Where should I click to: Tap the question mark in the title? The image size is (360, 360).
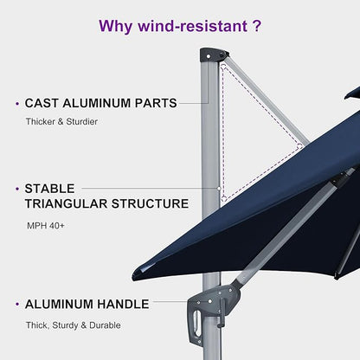coord(257,25)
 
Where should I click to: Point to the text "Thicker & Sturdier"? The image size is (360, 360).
coord(61,122)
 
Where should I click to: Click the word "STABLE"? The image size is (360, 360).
coord(50,188)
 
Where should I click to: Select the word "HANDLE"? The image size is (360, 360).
coord(124,305)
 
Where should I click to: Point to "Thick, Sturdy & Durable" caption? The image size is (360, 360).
coord(74,325)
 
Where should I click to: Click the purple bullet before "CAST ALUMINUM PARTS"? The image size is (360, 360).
coord(16,104)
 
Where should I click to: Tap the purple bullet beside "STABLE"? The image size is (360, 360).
coord(16,188)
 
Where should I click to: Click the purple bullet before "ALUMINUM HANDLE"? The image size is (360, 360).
coord(16,305)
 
